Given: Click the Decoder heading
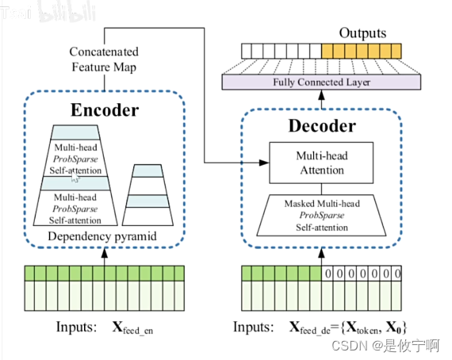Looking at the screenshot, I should (322, 126).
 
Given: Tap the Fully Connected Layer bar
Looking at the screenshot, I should (321, 82).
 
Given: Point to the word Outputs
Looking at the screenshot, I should (362, 33).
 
